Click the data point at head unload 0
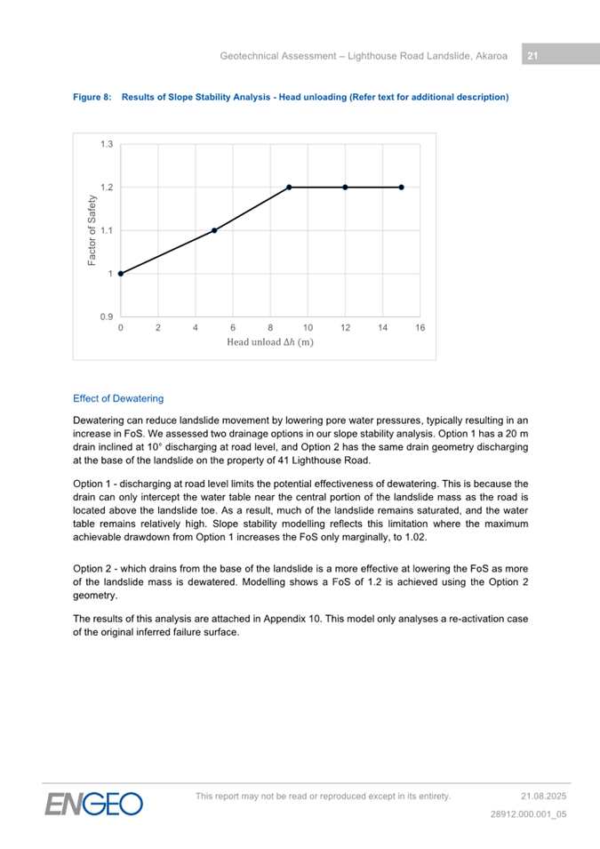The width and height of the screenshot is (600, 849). coord(121,274)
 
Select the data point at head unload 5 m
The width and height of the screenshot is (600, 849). coord(214,230)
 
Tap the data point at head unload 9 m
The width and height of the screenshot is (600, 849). coord(289,188)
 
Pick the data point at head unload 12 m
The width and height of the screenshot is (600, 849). coord(345,188)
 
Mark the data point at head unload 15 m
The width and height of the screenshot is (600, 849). coord(402,188)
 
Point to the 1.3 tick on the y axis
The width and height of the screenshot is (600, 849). coord(107,144)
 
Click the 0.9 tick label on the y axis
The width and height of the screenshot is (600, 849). coord(107,317)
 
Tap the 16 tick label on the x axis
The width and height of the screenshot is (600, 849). coord(420,328)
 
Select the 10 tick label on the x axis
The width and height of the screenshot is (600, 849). coord(308,328)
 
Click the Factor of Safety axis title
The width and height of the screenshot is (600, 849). coord(92,231)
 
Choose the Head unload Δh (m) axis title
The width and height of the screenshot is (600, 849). coord(270,342)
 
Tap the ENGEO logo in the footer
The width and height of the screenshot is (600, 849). coord(95,803)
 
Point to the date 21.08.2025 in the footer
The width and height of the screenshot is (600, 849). coord(543,796)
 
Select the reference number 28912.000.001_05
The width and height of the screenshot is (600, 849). coord(529,813)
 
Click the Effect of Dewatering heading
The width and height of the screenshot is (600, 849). coord(118,398)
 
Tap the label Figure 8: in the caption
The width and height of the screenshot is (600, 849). coord(92,96)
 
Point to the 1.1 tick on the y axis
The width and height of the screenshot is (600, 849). coord(107,230)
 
